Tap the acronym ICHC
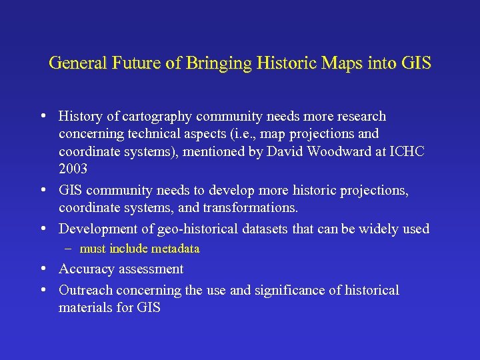[409, 152]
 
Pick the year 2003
[73, 169]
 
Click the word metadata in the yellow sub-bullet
[175, 249]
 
